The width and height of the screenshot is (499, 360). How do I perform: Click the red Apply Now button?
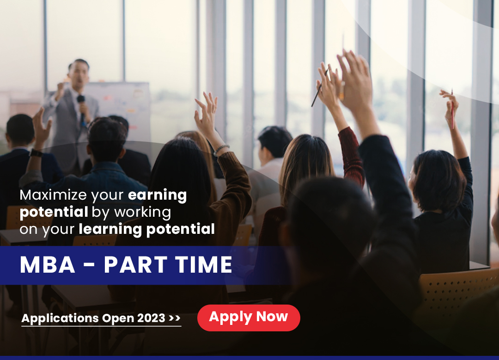[249, 317]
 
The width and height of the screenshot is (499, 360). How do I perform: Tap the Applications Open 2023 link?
[101, 318]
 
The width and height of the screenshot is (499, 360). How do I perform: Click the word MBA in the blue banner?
[48, 264]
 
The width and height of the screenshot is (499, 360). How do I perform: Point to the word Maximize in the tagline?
[53, 195]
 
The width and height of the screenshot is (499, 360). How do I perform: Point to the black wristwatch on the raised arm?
[36, 153]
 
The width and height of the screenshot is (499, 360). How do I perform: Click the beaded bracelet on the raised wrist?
[221, 149]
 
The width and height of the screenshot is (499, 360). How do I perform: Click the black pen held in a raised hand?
[320, 88]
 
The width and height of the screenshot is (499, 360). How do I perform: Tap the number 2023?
[151, 318]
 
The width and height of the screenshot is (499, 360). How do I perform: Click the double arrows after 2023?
[175, 318]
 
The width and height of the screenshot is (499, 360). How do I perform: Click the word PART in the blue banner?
[135, 264]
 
